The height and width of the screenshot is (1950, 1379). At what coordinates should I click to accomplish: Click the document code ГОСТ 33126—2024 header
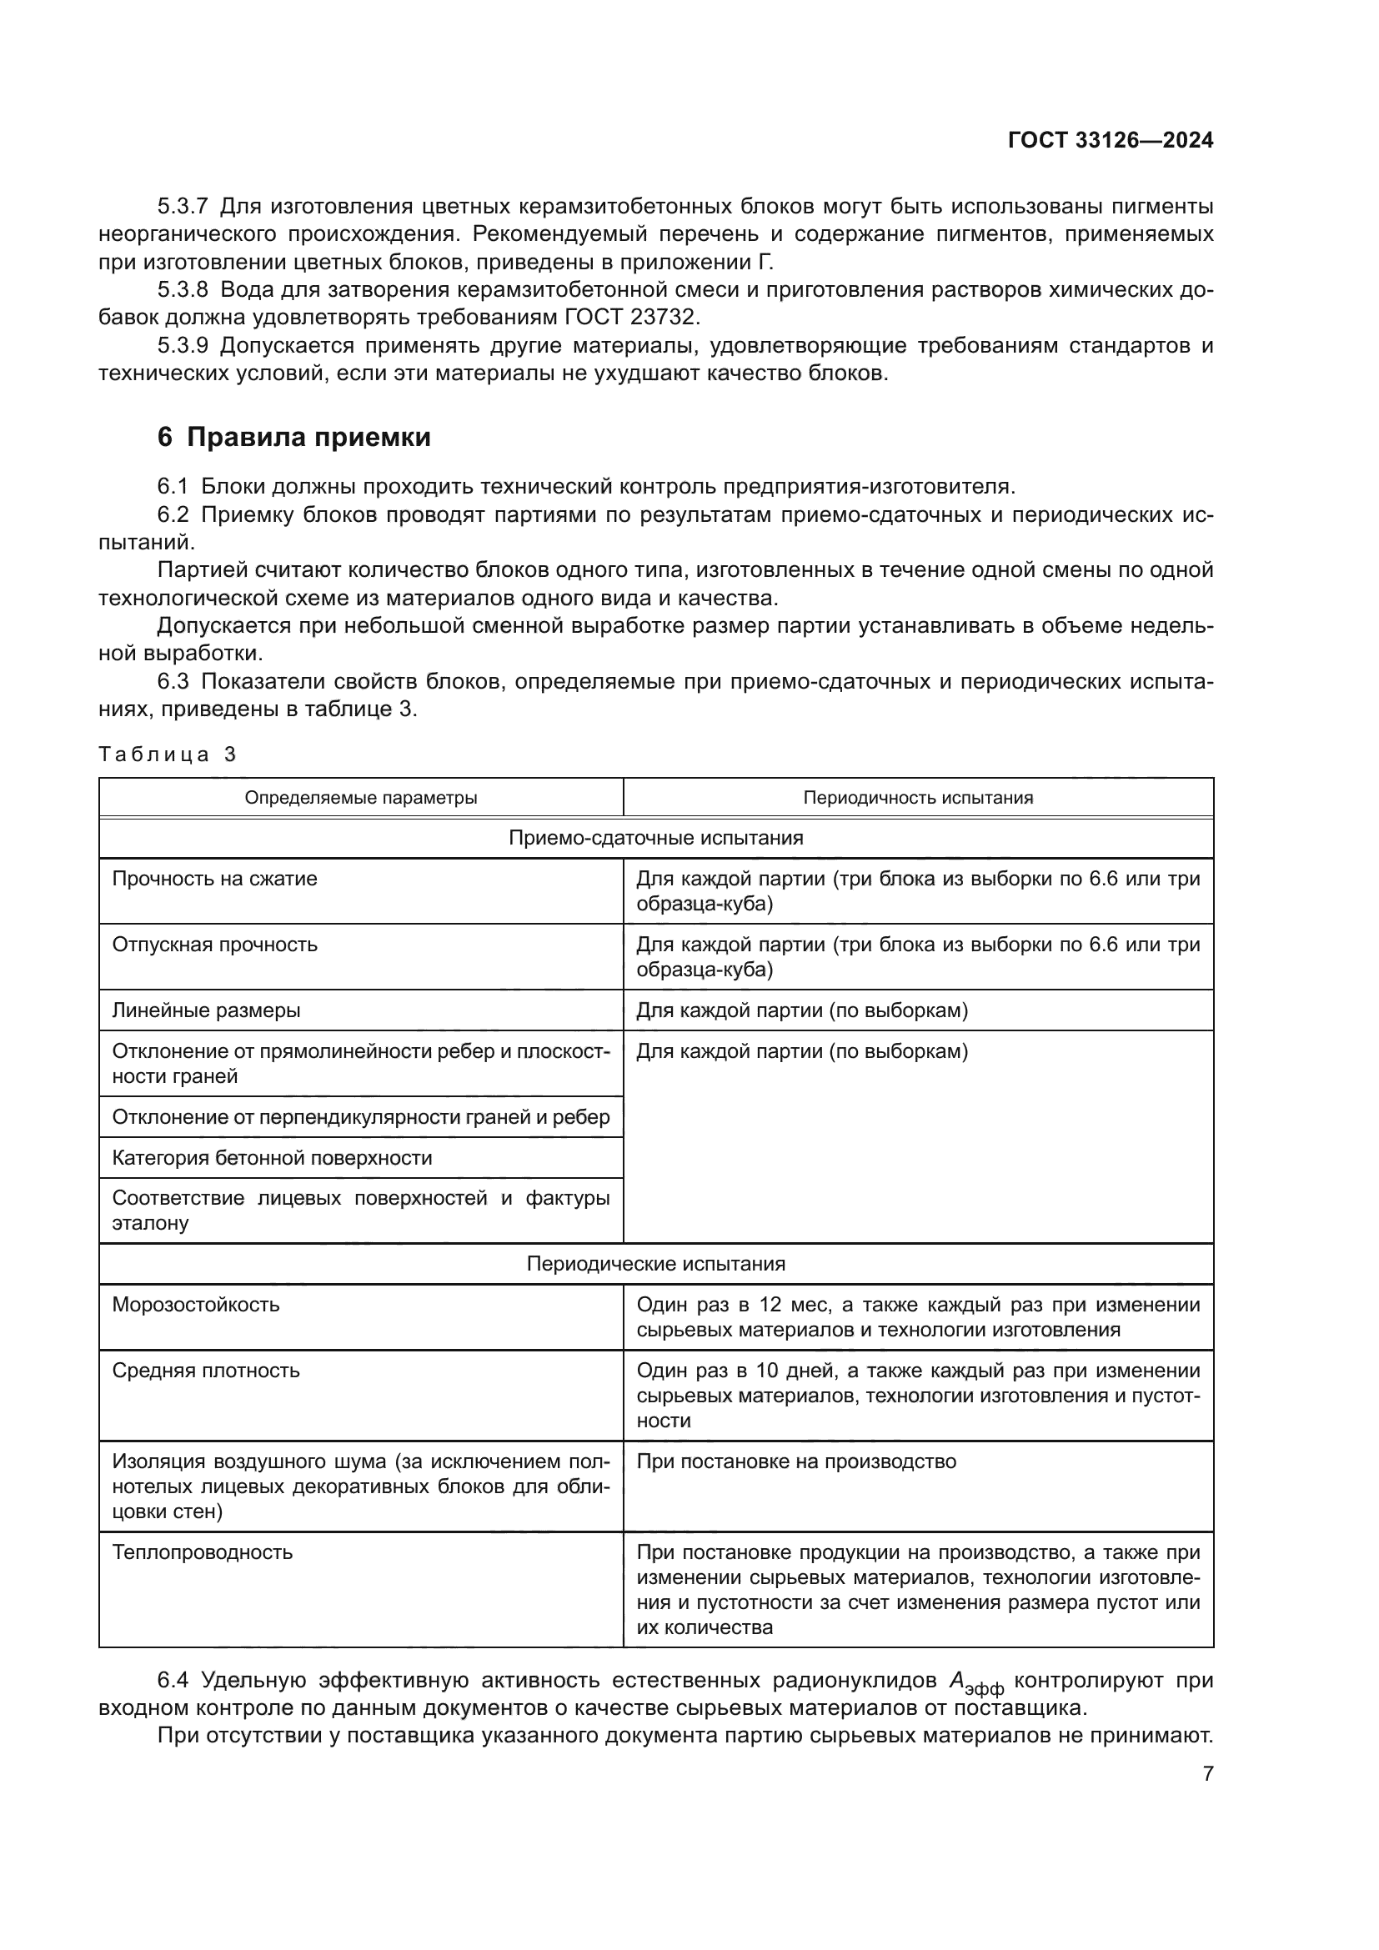[x=1110, y=140]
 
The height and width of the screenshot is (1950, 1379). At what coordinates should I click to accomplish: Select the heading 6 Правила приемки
[x=293, y=437]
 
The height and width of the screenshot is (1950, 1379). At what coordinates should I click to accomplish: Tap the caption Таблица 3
[x=168, y=754]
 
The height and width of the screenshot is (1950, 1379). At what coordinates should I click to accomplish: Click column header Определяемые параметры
[x=361, y=798]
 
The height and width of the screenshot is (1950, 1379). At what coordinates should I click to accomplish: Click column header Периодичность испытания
[x=918, y=798]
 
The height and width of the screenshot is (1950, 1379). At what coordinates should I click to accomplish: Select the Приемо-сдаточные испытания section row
[x=655, y=837]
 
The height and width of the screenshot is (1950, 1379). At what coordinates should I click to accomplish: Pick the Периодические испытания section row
[x=655, y=1263]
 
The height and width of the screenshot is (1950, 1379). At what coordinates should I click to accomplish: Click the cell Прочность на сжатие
[x=215, y=878]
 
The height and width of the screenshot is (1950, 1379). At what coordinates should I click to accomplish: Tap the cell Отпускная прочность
[x=215, y=945]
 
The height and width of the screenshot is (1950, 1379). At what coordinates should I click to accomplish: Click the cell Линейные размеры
[x=206, y=1010]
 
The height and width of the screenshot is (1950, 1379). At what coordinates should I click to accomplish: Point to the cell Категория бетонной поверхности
[x=272, y=1158]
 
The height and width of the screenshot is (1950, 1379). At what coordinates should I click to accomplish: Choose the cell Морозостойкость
[x=195, y=1304]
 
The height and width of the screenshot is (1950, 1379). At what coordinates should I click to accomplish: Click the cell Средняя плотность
[x=205, y=1370]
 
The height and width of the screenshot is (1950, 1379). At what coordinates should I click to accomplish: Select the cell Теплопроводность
[x=202, y=1551]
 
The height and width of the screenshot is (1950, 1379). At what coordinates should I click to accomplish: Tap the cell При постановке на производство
[x=795, y=1461]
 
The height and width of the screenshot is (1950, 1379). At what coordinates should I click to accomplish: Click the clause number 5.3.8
[x=183, y=289]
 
